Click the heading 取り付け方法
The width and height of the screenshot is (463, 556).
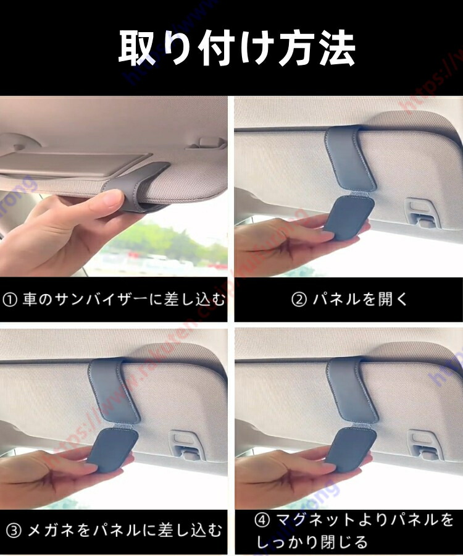coord(236,48)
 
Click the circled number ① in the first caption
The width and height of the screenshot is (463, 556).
coord(10,300)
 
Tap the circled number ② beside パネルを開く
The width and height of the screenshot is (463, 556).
coord(299,300)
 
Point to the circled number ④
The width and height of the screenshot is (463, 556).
coord(262,520)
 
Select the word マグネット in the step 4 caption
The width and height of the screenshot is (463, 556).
coord(315,520)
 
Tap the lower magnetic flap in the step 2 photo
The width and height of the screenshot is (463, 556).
coord(349,217)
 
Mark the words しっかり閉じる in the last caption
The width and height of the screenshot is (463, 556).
coord(312,542)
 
